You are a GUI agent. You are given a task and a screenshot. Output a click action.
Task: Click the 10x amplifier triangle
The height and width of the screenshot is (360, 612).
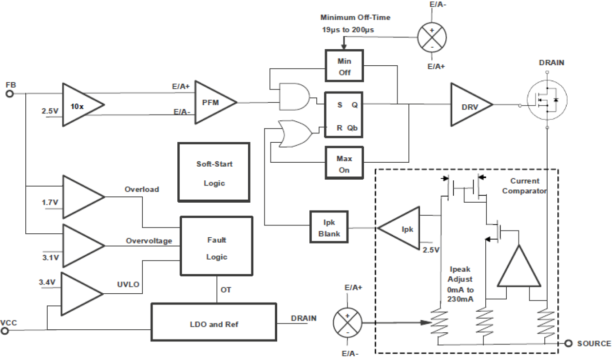pos(80,105)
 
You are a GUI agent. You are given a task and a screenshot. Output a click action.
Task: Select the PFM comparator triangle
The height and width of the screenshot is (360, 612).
pos(215,103)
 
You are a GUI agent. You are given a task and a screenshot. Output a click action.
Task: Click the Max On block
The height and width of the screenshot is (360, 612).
pos(344,164)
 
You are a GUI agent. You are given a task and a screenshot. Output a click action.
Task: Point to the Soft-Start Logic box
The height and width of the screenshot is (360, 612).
pos(214,173)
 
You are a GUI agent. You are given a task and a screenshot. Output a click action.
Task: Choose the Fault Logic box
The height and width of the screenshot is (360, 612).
pos(216,248)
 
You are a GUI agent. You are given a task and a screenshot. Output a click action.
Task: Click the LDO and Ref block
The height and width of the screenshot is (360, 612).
pos(214,323)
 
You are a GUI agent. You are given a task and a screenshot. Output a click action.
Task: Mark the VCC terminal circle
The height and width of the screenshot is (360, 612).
pos(5,331)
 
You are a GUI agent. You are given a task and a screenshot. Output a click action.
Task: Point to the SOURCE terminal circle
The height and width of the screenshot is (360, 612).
pos(568,343)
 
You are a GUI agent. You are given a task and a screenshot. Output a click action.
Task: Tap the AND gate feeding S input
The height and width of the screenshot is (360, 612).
pos(294,95)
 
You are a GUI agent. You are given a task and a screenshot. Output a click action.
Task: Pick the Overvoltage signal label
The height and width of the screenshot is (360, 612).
pos(149,241)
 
